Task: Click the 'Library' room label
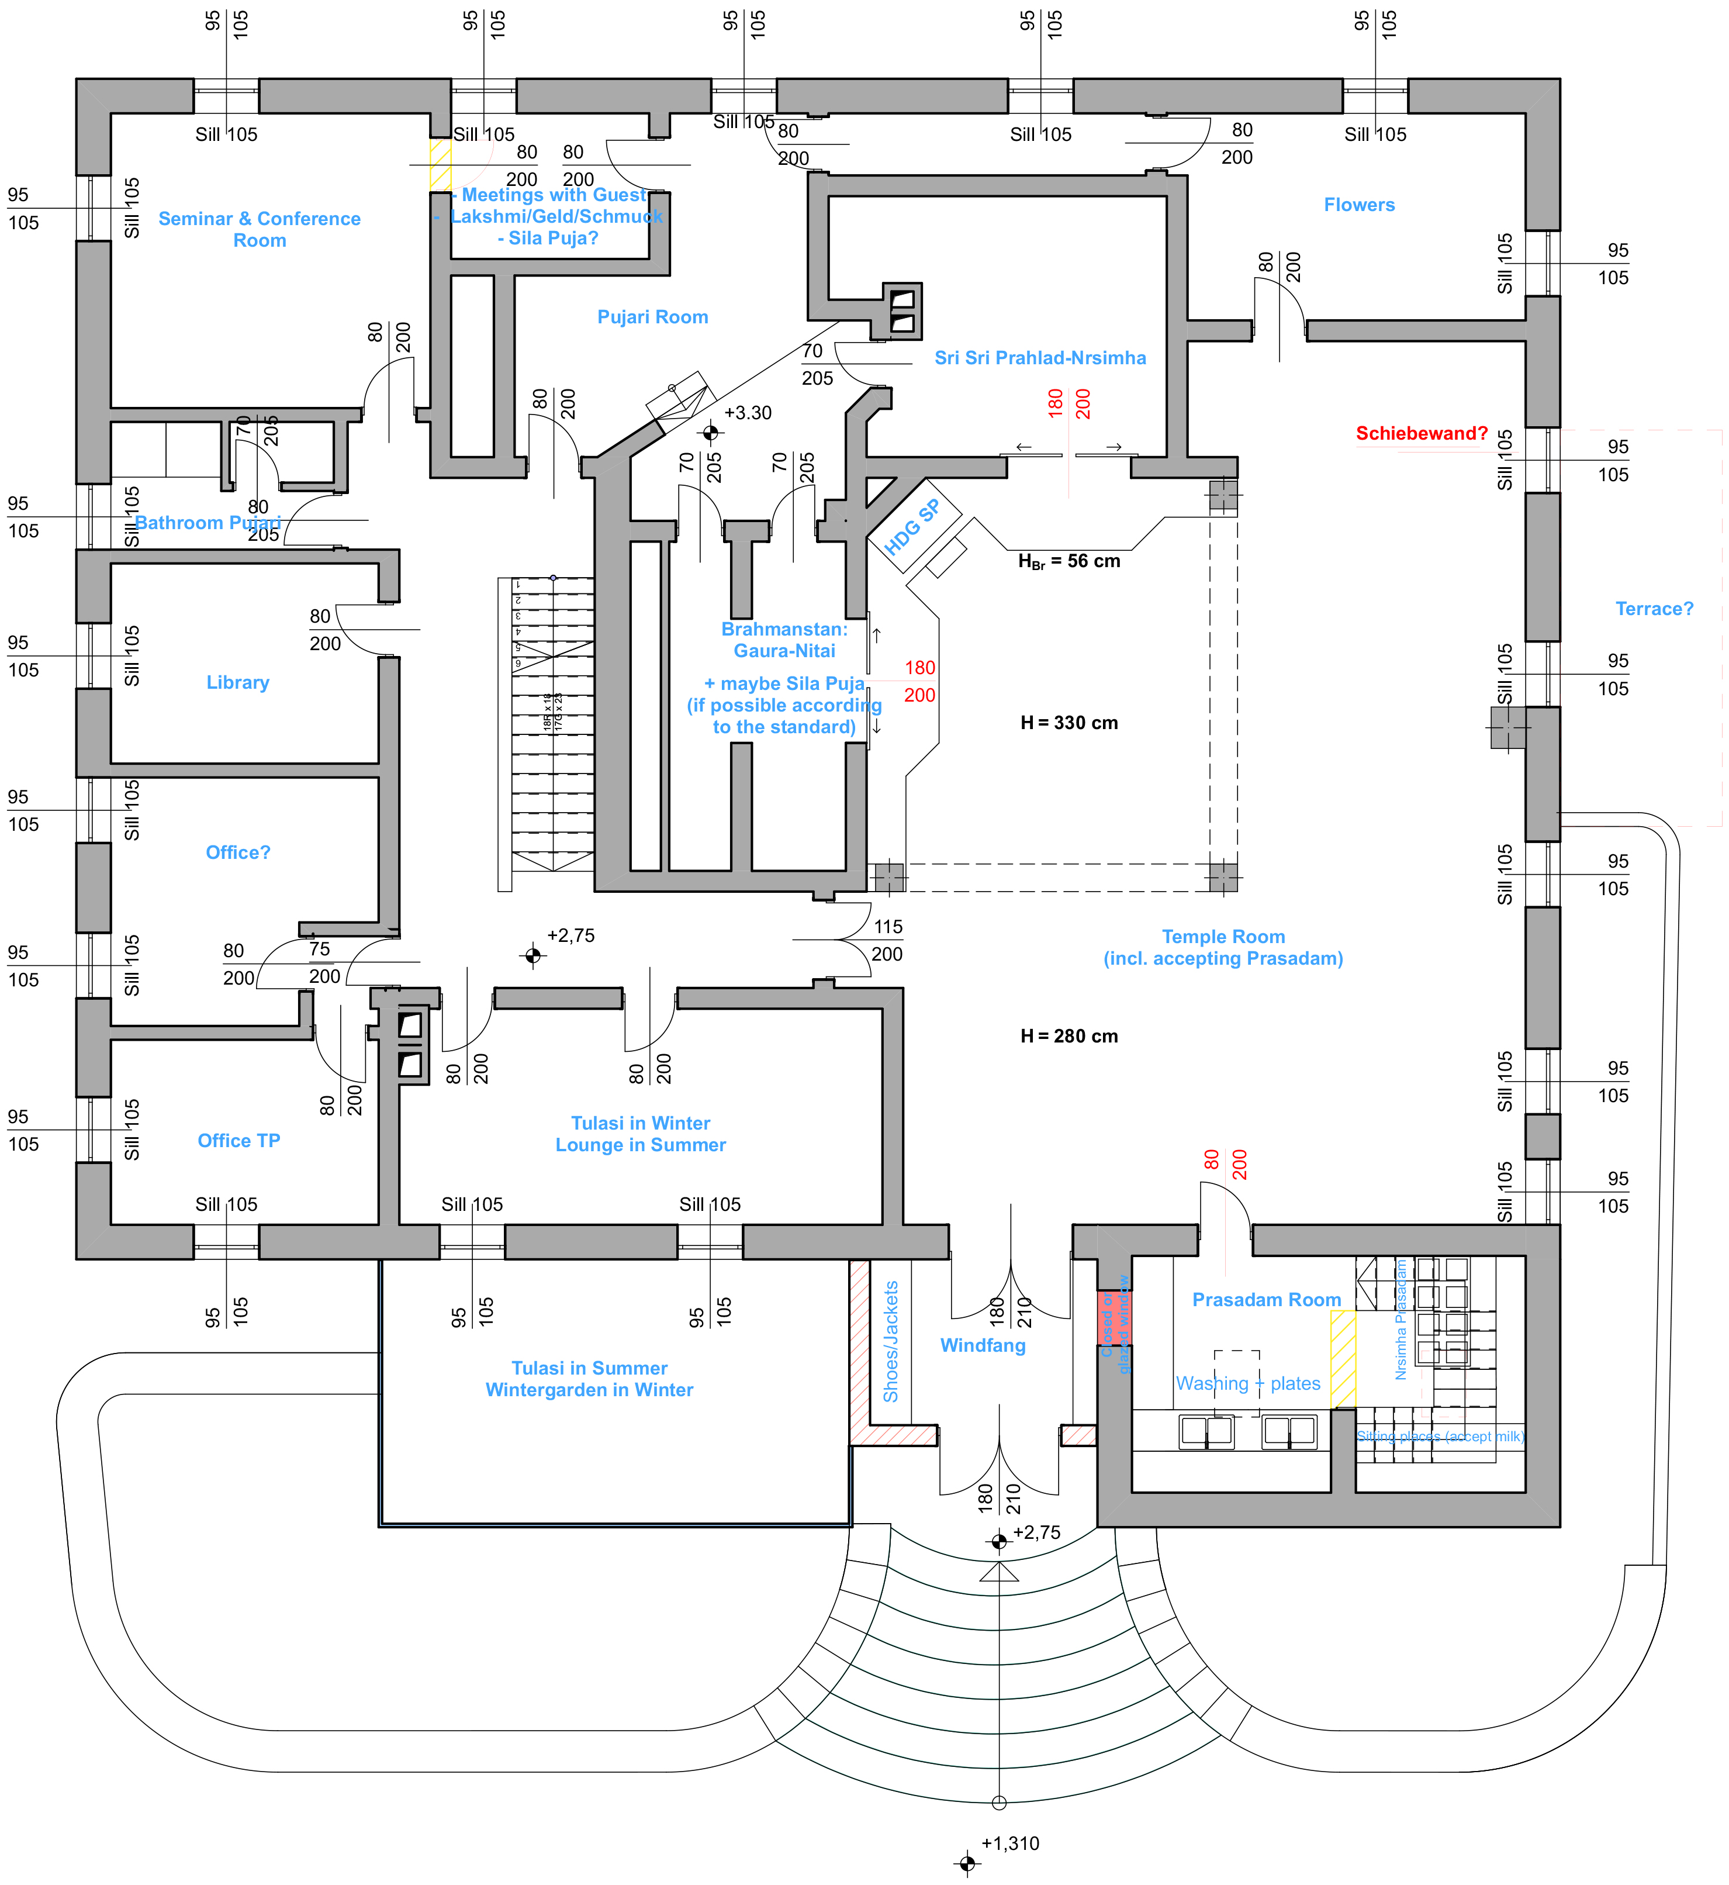click(238, 682)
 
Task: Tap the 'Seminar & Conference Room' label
click(259, 229)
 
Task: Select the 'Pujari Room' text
click(652, 317)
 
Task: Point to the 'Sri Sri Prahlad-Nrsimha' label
click(1039, 358)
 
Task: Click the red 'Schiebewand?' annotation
click(1421, 433)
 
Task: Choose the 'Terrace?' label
click(1654, 609)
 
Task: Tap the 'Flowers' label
click(1358, 205)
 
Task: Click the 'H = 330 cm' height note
click(1068, 723)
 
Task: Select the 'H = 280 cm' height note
click(1068, 1036)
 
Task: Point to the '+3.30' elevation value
click(748, 413)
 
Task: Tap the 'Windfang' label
click(983, 1345)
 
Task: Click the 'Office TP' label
click(238, 1140)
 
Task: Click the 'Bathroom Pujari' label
click(208, 522)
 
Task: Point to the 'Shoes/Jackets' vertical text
click(891, 1341)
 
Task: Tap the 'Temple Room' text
click(1223, 937)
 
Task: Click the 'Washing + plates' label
click(1248, 1383)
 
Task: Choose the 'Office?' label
click(238, 852)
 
